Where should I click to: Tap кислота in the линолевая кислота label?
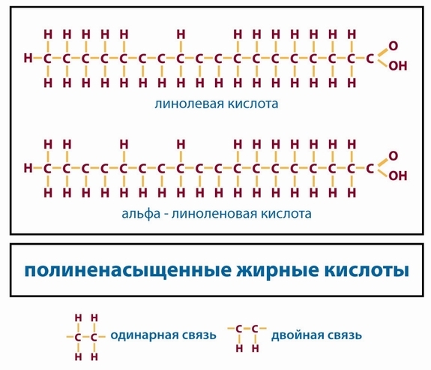(253, 104)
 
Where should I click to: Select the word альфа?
(141, 214)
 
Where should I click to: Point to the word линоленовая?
(214, 214)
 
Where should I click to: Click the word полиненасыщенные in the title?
(128, 271)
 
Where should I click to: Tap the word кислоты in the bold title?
(367, 270)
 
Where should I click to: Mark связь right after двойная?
(343, 335)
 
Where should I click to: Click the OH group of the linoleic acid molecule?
(397, 66)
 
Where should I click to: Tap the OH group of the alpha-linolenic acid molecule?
(397, 176)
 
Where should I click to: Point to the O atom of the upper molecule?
(394, 46)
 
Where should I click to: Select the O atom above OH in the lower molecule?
(394, 156)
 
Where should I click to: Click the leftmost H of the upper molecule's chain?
(28, 58)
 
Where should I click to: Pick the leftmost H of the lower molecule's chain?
(28, 167)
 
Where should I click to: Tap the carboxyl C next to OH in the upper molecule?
(370, 59)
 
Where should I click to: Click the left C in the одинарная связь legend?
(78, 337)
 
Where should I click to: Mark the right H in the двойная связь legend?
(256, 348)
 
